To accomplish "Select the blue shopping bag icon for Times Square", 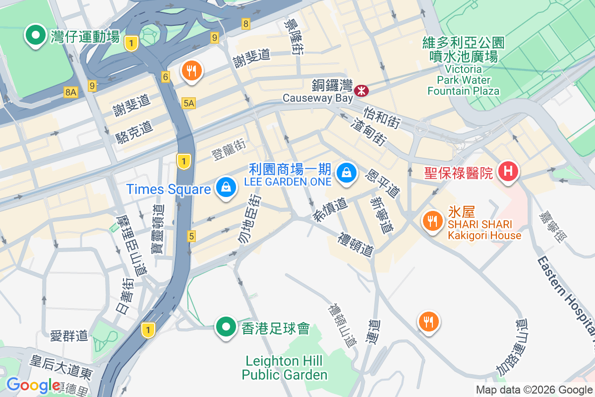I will pos(226,188).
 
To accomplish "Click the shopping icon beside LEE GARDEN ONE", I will pos(345,173).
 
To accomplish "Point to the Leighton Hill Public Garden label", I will pos(285,367).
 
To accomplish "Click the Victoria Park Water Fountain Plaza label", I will pos(464,80).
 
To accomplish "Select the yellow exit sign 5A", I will pos(189,103).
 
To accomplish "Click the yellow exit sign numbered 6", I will pos(166,77).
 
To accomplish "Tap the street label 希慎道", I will pos(330,210).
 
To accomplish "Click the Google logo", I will pos(33,385).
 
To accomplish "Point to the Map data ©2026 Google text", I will pos(534,390).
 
